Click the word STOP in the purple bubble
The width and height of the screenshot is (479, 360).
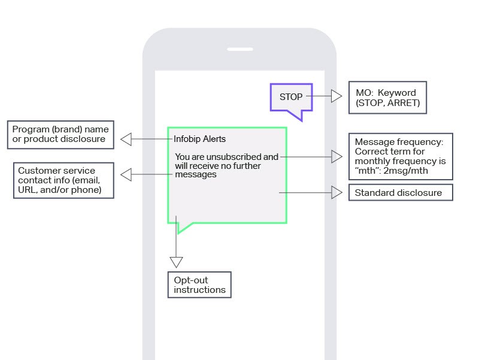pyautogui.click(x=291, y=96)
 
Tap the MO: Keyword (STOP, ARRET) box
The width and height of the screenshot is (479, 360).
pyautogui.click(x=387, y=98)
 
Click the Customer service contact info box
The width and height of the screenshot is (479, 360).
pyautogui.click(x=63, y=180)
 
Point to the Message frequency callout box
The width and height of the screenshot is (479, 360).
pyautogui.click(x=400, y=156)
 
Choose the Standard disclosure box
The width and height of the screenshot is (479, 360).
pyautogui.click(x=400, y=193)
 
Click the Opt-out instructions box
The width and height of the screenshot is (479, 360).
pyautogui.click(x=200, y=285)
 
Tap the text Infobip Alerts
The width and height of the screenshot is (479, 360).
pyautogui.click(x=200, y=139)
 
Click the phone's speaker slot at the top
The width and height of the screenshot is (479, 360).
pyautogui.click(x=239, y=49)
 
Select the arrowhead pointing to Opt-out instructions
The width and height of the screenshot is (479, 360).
pyautogui.click(x=176, y=262)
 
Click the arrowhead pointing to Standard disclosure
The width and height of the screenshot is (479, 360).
pyautogui.click(x=336, y=193)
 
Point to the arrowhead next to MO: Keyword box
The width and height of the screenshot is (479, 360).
pyautogui.click(x=336, y=96)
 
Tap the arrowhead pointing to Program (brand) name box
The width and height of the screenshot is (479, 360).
pyautogui.click(x=126, y=139)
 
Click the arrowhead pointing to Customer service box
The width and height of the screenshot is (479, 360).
pyautogui.click(x=126, y=174)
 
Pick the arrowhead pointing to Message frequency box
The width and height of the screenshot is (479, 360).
pyautogui.click(x=336, y=157)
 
